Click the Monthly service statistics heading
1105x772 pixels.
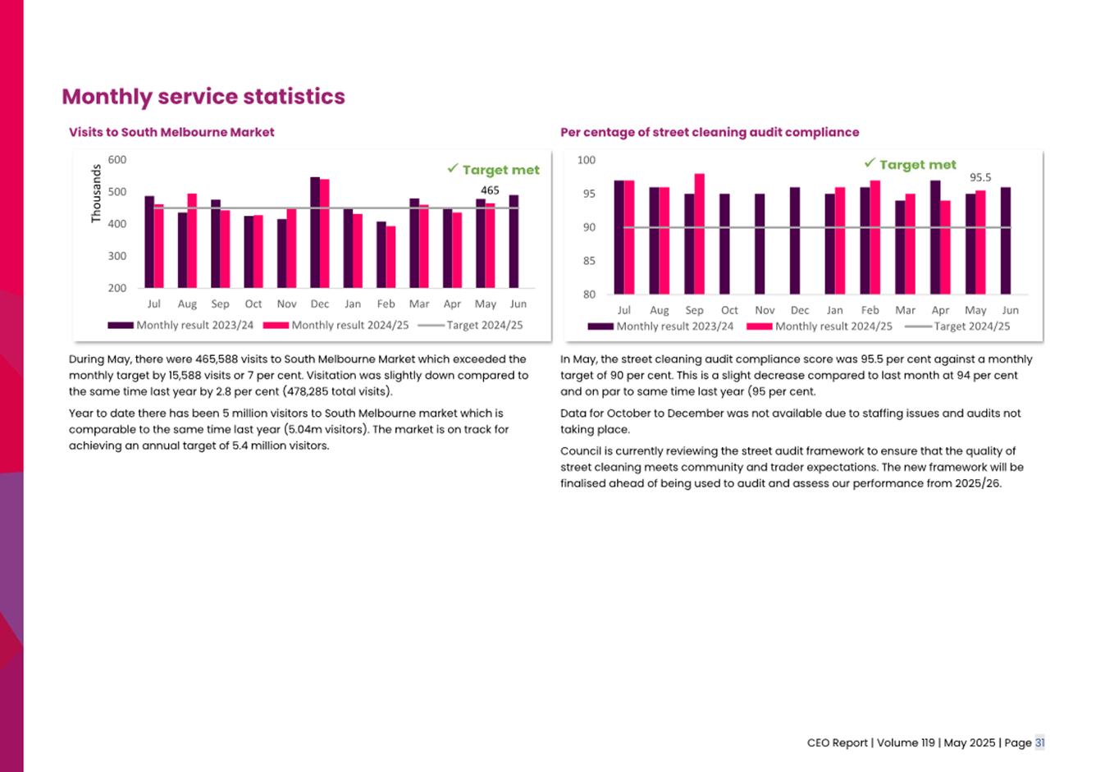pos(203,97)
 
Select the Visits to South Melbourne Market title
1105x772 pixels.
pos(171,132)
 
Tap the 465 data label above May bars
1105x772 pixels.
pos(490,190)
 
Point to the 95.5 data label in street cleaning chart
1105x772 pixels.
pos(980,177)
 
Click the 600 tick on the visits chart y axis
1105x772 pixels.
pos(117,160)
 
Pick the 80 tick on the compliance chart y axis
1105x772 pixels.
pos(589,295)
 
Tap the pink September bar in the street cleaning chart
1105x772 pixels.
pos(700,234)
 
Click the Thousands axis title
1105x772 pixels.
pos(96,194)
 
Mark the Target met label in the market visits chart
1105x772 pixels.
pos(500,170)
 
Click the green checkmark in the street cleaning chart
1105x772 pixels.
pos(870,163)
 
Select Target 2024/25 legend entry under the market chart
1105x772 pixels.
pos(484,325)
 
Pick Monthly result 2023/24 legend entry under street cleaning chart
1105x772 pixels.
pos(674,327)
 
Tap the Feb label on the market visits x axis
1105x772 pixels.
pos(386,304)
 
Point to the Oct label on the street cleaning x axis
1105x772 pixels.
pos(729,310)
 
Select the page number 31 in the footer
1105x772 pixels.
pos(1039,742)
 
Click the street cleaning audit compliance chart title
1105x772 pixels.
pos(710,132)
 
